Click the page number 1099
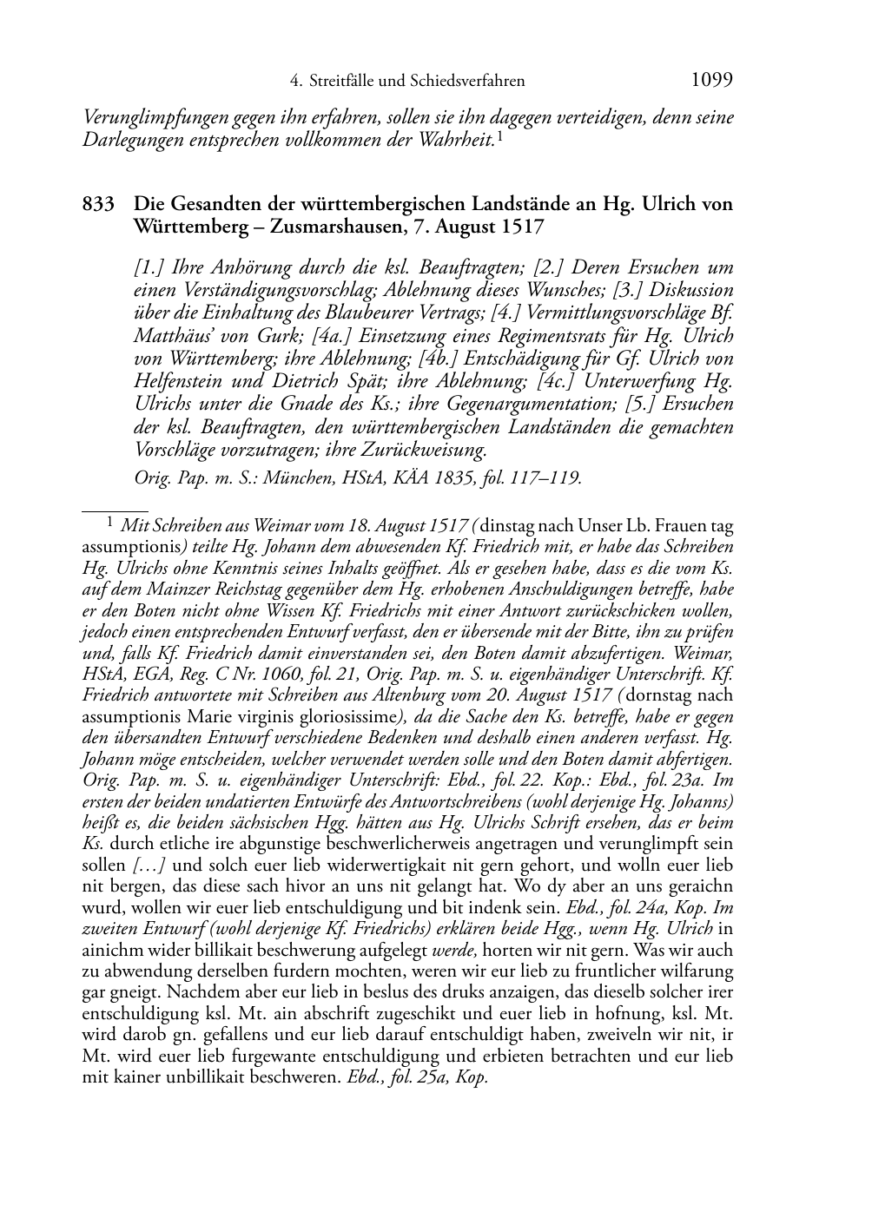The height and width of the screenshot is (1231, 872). click(711, 81)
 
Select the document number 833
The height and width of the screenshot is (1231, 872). click(98, 205)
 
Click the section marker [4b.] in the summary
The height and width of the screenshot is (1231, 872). click(440, 359)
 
